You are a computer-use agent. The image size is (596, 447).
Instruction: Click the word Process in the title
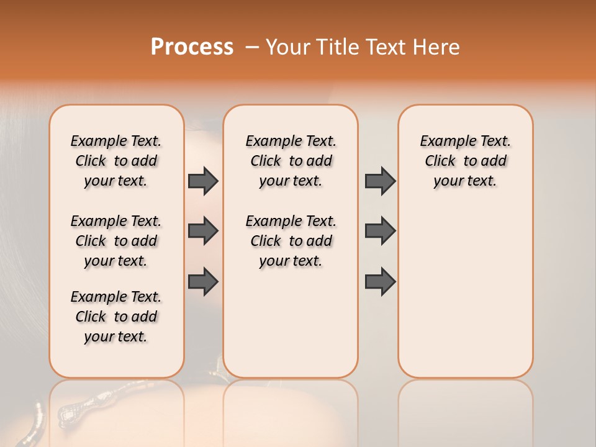click(x=192, y=47)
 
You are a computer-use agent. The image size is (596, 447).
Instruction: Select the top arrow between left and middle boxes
click(x=203, y=181)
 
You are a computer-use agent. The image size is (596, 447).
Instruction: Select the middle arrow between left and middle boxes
click(x=203, y=231)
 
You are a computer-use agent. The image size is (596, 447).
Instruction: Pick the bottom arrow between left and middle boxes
click(x=203, y=281)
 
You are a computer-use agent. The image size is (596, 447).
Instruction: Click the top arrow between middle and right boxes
click(x=380, y=181)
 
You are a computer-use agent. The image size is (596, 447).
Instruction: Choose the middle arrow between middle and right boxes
click(x=380, y=231)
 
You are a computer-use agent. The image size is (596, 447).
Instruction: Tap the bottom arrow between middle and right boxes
click(x=380, y=281)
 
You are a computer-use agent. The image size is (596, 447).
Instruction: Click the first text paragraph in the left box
click(x=116, y=161)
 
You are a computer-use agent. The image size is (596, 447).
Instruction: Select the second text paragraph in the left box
click(x=116, y=241)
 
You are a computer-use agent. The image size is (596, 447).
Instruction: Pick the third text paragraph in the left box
click(x=116, y=317)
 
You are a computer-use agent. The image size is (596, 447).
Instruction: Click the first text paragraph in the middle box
click(x=291, y=161)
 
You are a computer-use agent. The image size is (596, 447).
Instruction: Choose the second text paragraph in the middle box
click(x=291, y=241)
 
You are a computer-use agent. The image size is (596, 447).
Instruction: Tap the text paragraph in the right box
click(x=465, y=161)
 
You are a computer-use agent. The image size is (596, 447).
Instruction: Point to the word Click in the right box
click(x=440, y=161)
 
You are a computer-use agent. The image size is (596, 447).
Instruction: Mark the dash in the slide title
click(x=252, y=47)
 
